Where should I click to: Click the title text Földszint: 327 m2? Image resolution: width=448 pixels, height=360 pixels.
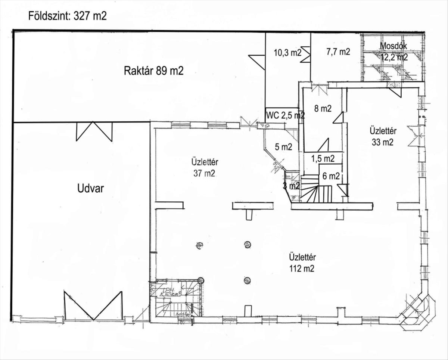pos(68,16)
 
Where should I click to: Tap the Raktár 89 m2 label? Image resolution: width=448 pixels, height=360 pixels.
pos(153,71)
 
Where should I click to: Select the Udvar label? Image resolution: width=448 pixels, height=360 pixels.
pos(90,188)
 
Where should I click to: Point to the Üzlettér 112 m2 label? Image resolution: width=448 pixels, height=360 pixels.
pos(302,263)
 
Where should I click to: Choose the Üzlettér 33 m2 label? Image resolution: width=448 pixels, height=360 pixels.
pos(383,136)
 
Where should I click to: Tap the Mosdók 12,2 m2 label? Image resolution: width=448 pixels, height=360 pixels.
pos(393,52)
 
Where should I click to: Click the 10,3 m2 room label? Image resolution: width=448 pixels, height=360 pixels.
pos(287,53)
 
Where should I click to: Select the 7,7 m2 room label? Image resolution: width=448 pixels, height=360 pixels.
pos(338,52)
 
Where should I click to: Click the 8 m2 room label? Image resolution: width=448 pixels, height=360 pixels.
pos(323,109)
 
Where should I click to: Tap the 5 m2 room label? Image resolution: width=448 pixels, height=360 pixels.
pos(283,147)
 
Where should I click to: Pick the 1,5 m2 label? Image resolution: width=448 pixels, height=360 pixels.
pos(323,158)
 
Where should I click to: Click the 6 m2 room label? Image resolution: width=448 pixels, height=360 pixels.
pos(331,176)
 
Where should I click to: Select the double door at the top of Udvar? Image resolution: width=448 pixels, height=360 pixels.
pos(94,131)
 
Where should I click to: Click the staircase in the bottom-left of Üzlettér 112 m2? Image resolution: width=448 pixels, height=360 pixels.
pos(176,299)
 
